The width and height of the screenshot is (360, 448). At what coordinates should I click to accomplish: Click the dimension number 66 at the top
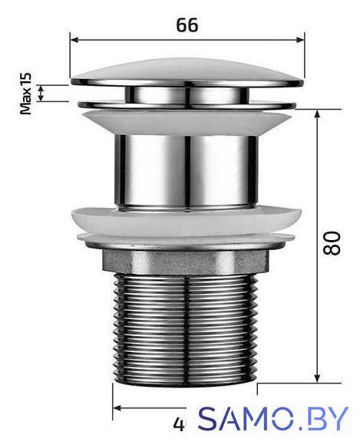click(187, 25)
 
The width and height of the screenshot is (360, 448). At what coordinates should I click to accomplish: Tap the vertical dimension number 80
click(332, 243)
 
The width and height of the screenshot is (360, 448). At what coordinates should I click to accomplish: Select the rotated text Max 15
click(26, 94)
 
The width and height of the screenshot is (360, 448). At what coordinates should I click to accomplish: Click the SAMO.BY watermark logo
click(273, 419)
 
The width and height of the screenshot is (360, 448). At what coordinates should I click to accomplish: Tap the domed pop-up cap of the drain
click(187, 72)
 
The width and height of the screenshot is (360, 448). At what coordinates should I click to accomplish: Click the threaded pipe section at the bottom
click(187, 328)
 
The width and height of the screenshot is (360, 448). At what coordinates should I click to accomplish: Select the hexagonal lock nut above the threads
click(186, 262)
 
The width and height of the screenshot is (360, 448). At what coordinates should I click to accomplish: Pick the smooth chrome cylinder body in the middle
click(186, 171)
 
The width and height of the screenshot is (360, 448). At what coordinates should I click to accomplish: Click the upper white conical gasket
click(187, 124)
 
